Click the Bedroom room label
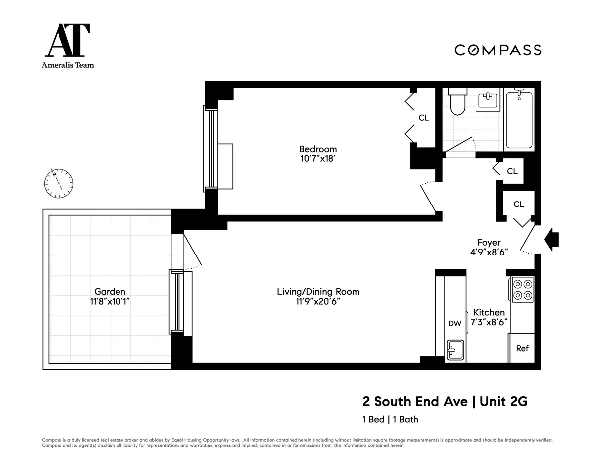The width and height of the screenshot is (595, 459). [318, 149]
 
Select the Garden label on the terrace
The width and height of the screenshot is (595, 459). [110, 292]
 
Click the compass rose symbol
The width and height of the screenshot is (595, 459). [59, 183]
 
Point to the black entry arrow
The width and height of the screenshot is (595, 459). [551, 240]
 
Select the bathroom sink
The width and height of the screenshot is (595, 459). [488, 100]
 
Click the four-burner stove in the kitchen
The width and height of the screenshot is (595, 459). [522, 290]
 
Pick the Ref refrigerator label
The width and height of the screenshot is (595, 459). [522, 348]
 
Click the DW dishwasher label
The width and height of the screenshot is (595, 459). [455, 324]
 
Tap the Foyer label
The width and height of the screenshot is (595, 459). [489, 242]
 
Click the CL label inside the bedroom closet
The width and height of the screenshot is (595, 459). [424, 118]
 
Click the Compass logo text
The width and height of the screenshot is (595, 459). [498, 50]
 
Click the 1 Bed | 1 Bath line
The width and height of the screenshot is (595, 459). [390, 419]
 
